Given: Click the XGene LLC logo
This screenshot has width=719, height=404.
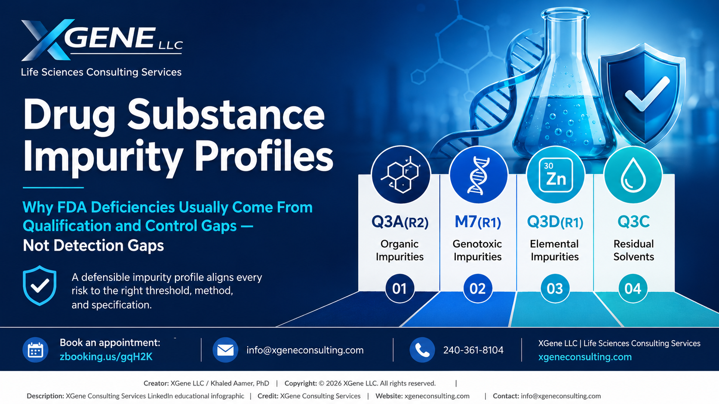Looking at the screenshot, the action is click(102, 40).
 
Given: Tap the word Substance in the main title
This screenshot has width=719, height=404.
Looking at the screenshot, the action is click(226, 115).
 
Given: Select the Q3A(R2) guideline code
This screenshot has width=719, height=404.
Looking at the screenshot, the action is click(400, 222).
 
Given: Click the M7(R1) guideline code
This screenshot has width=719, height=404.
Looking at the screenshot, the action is click(478, 222).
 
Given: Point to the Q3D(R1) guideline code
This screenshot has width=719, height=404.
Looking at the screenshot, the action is click(555, 222).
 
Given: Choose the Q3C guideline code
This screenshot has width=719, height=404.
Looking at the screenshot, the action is click(633, 222).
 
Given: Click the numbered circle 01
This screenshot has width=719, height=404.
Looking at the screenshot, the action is click(399, 289).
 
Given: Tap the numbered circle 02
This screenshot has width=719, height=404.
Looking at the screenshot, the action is click(478, 289).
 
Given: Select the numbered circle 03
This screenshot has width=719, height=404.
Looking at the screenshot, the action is click(555, 289).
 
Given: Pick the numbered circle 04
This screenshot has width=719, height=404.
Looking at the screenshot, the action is click(633, 289).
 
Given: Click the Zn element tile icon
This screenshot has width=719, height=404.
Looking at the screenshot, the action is click(556, 175).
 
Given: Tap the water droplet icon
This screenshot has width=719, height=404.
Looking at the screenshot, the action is click(633, 175).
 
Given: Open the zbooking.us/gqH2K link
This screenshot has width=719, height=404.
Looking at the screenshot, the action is click(106, 357).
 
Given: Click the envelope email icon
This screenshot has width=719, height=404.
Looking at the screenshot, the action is click(225, 350).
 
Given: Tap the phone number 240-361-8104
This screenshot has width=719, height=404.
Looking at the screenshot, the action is click(473, 350).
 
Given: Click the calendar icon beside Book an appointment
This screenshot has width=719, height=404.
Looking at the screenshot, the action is click(35, 350).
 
